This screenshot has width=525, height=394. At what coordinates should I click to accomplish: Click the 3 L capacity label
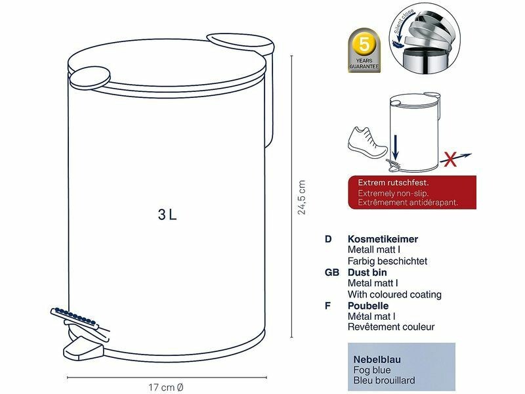click(167, 215)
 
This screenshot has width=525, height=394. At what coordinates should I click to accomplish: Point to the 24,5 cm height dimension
click(302, 197)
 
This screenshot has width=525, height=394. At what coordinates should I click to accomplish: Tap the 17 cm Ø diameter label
click(166, 387)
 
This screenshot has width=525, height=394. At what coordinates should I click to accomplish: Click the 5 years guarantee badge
click(364, 51)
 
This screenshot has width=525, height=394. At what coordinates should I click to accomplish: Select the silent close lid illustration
click(425, 38)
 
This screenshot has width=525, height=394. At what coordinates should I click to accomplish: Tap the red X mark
click(451, 159)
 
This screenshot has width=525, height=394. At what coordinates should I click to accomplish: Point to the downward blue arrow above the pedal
click(396, 146)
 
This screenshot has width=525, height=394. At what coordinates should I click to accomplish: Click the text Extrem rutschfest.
click(393, 183)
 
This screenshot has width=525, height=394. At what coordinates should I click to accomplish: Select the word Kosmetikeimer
click(383, 239)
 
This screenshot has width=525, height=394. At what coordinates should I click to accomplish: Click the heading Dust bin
click(367, 272)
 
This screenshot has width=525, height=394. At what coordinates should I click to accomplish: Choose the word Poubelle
click(368, 305)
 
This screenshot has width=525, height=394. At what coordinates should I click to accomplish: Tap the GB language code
click(332, 273)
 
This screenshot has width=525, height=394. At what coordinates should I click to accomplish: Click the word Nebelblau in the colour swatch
click(377, 359)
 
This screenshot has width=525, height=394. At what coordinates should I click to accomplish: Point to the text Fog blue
click(371, 370)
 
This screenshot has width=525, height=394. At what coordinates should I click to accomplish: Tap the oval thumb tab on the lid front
click(90, 77)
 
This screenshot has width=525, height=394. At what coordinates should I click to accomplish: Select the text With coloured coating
click(394, 294)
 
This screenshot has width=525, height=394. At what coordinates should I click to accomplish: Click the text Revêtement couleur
click(391, 326)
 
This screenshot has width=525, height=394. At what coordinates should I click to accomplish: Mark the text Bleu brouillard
click(384, 381)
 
